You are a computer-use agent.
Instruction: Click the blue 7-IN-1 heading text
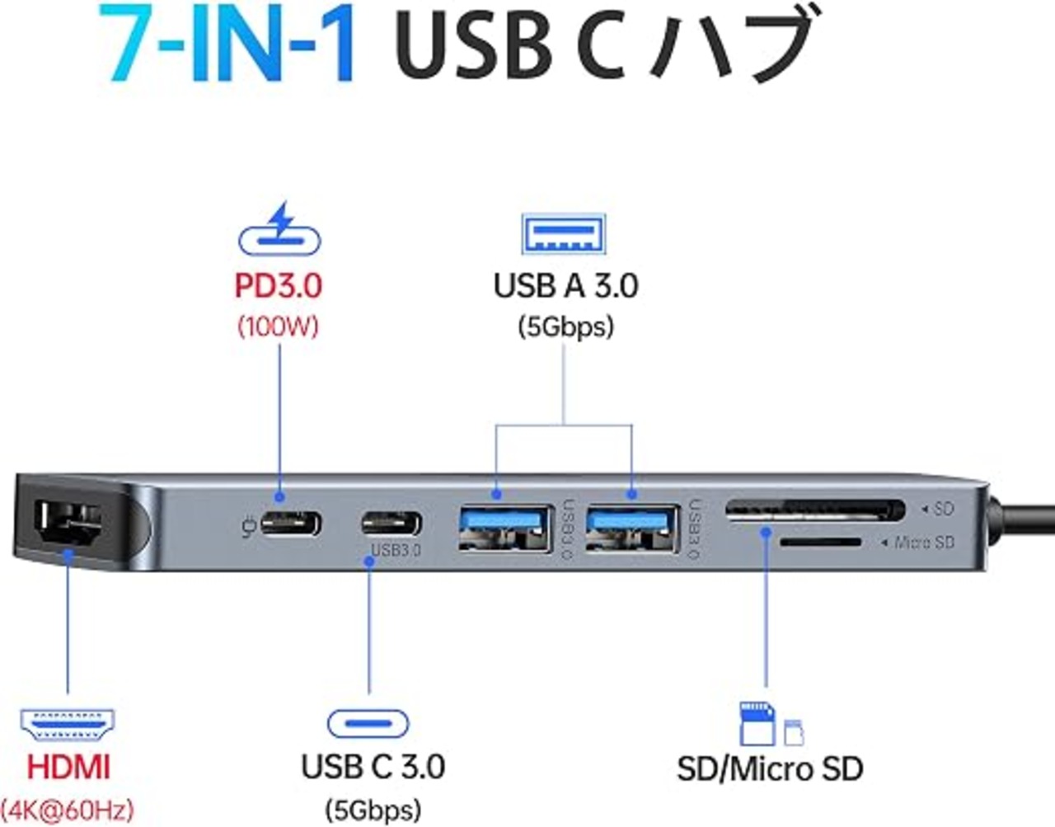click(227, 43)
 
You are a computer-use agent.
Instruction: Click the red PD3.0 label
click(279, 285)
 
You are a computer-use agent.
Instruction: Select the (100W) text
click(279, 327)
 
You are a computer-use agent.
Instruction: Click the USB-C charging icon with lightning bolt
click(279, 228)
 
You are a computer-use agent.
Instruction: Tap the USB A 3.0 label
click(565, 285)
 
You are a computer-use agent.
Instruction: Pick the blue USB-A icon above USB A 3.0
click(564, 233)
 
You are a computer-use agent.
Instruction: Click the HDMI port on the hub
click(68, 523)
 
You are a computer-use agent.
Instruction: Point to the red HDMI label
click(68, 768)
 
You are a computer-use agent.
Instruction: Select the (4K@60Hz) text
click(67, 810)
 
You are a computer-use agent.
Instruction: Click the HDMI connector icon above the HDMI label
click(68, 725)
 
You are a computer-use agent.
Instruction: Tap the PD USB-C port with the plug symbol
click(290, 524)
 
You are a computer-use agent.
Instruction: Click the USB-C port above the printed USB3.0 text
click(392, 524)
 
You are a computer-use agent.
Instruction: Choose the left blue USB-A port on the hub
click(506, 529)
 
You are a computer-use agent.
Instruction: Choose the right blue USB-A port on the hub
click(632, 529)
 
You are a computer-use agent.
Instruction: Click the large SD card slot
click(815, 510)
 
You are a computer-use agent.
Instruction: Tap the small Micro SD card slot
click(820, 542)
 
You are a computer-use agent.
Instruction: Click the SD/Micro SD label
click(771, 768)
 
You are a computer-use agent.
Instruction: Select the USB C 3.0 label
click(373, 767)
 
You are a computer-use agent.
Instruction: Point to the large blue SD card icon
click(757, 724)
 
